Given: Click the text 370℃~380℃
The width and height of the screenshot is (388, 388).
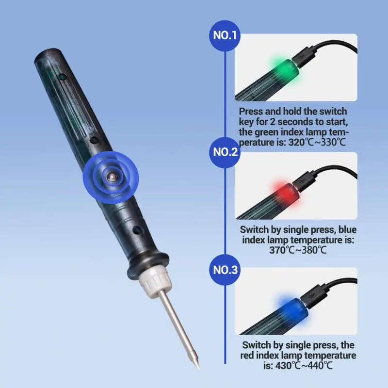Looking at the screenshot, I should point(298,250).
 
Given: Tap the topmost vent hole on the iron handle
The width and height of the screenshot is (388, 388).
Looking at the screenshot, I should point(62,77).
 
